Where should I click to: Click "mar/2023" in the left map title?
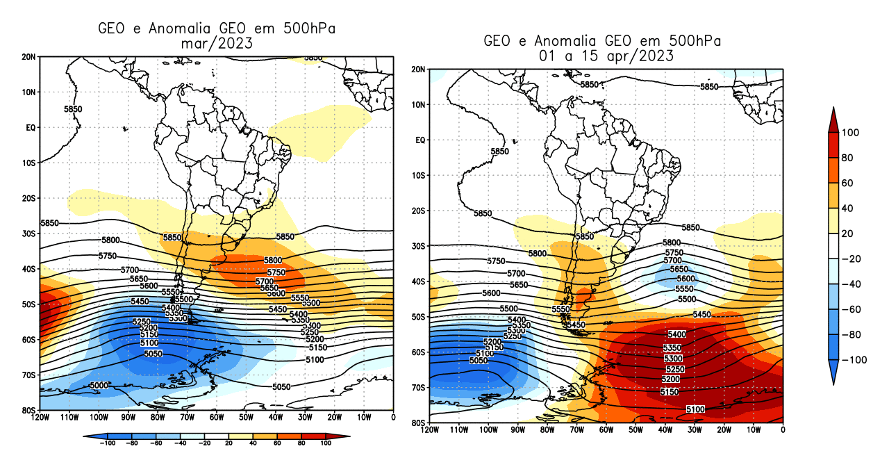[215, 44]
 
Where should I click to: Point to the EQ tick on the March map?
[31, 127]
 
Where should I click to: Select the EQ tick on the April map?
[419, 140]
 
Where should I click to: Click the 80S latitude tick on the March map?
[28, 410]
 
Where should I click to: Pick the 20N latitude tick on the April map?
[419, 69]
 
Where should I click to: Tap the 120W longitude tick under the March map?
[40, 418]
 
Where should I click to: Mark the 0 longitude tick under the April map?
[783, 430]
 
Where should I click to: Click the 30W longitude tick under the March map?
[305, 418]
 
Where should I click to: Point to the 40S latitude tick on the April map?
[419, 281]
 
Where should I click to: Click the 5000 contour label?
[99, 385]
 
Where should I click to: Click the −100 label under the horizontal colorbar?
[106, 442]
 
